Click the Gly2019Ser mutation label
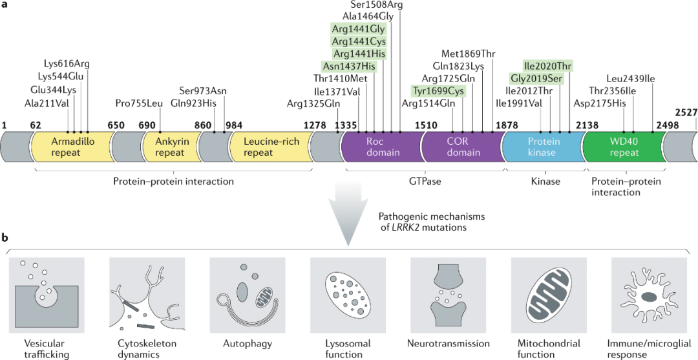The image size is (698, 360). (x=536, y=78)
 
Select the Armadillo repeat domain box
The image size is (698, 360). (x=72, y=147)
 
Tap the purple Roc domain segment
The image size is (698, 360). (x=383, y=147)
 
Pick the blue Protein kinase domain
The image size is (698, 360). (x=544, y=147)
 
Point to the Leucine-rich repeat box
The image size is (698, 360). (x=268, y=147)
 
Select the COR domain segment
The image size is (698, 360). (x=463, y=147)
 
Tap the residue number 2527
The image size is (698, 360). (x=686, y=112)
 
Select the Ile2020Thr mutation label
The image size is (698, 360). (x=547, y=67)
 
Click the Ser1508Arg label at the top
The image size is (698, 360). (x=377, y=5)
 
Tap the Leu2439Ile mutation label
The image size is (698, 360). (x=631, y=78)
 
